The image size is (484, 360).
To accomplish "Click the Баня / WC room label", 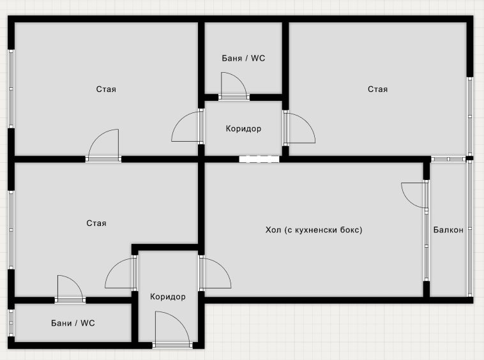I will coord(243,58).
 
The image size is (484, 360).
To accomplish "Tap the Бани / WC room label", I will coord(73,323).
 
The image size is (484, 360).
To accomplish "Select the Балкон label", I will coord(448,230).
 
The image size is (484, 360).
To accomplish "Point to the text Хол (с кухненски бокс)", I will coord(314,230).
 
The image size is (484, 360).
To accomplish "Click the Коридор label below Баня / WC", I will coord(243,128).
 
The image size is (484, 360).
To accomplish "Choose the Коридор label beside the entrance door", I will coord(168,297).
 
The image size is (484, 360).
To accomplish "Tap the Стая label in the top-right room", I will coord(377,89).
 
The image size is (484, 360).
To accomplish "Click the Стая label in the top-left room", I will coord(106,89).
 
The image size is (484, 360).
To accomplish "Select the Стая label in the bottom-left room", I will coord(96,223).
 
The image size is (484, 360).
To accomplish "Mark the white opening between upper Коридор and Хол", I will coord(259,159).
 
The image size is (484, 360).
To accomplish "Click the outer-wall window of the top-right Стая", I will coord(470,116).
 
